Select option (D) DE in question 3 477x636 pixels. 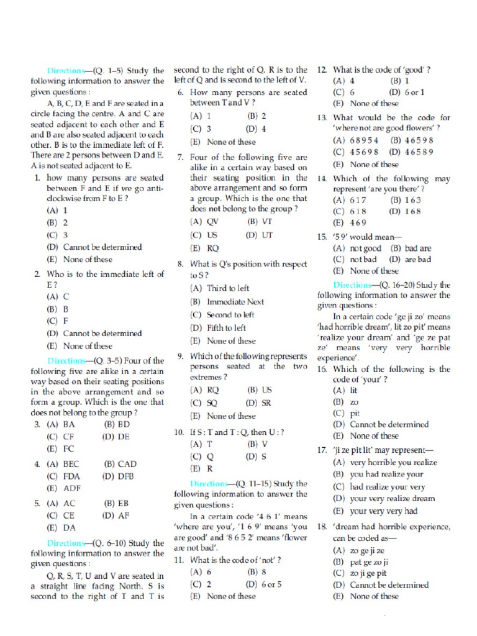116,437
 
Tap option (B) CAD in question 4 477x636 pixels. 120,464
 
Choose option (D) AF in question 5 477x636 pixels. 116,515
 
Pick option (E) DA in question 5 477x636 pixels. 61,527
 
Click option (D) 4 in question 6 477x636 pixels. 256,129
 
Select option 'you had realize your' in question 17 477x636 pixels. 379,474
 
